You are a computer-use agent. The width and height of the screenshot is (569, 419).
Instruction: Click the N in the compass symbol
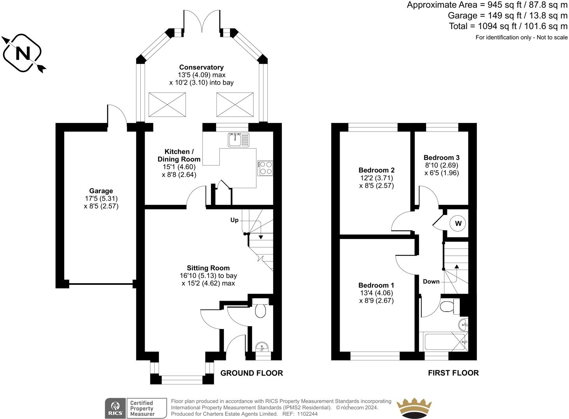point(23,54)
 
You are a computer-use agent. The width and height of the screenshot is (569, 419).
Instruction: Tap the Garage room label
point(101,191)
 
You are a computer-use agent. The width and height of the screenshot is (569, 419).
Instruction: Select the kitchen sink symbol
point(239,140)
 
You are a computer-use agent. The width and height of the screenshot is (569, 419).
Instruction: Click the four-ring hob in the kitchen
point(265,168)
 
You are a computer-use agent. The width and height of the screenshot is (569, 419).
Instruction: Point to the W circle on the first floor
point(458,223)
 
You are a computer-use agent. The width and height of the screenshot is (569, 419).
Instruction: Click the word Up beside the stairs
point(234,220)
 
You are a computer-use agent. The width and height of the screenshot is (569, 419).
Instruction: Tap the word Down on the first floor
point(431,282)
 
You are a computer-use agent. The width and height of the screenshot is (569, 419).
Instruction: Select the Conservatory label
point(201,67)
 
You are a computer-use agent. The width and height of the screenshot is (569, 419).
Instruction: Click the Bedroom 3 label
point(442,158)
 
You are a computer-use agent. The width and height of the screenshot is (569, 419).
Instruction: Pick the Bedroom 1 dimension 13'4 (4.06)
point(377,293)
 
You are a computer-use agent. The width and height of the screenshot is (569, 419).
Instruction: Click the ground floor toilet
point(260,308)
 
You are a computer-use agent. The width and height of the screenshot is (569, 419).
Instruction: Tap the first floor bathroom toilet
point(450,306)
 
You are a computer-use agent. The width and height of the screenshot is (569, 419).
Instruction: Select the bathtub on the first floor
point(446,342)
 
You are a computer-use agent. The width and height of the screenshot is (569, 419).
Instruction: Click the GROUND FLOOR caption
point(251,373)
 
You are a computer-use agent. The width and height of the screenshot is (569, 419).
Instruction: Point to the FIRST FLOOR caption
point(454,373)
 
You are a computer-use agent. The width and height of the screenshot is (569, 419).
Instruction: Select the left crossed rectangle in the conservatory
point(167,105)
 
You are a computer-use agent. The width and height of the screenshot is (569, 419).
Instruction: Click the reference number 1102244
point(307,414)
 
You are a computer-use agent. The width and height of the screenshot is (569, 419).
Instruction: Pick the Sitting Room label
point(208,268)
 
